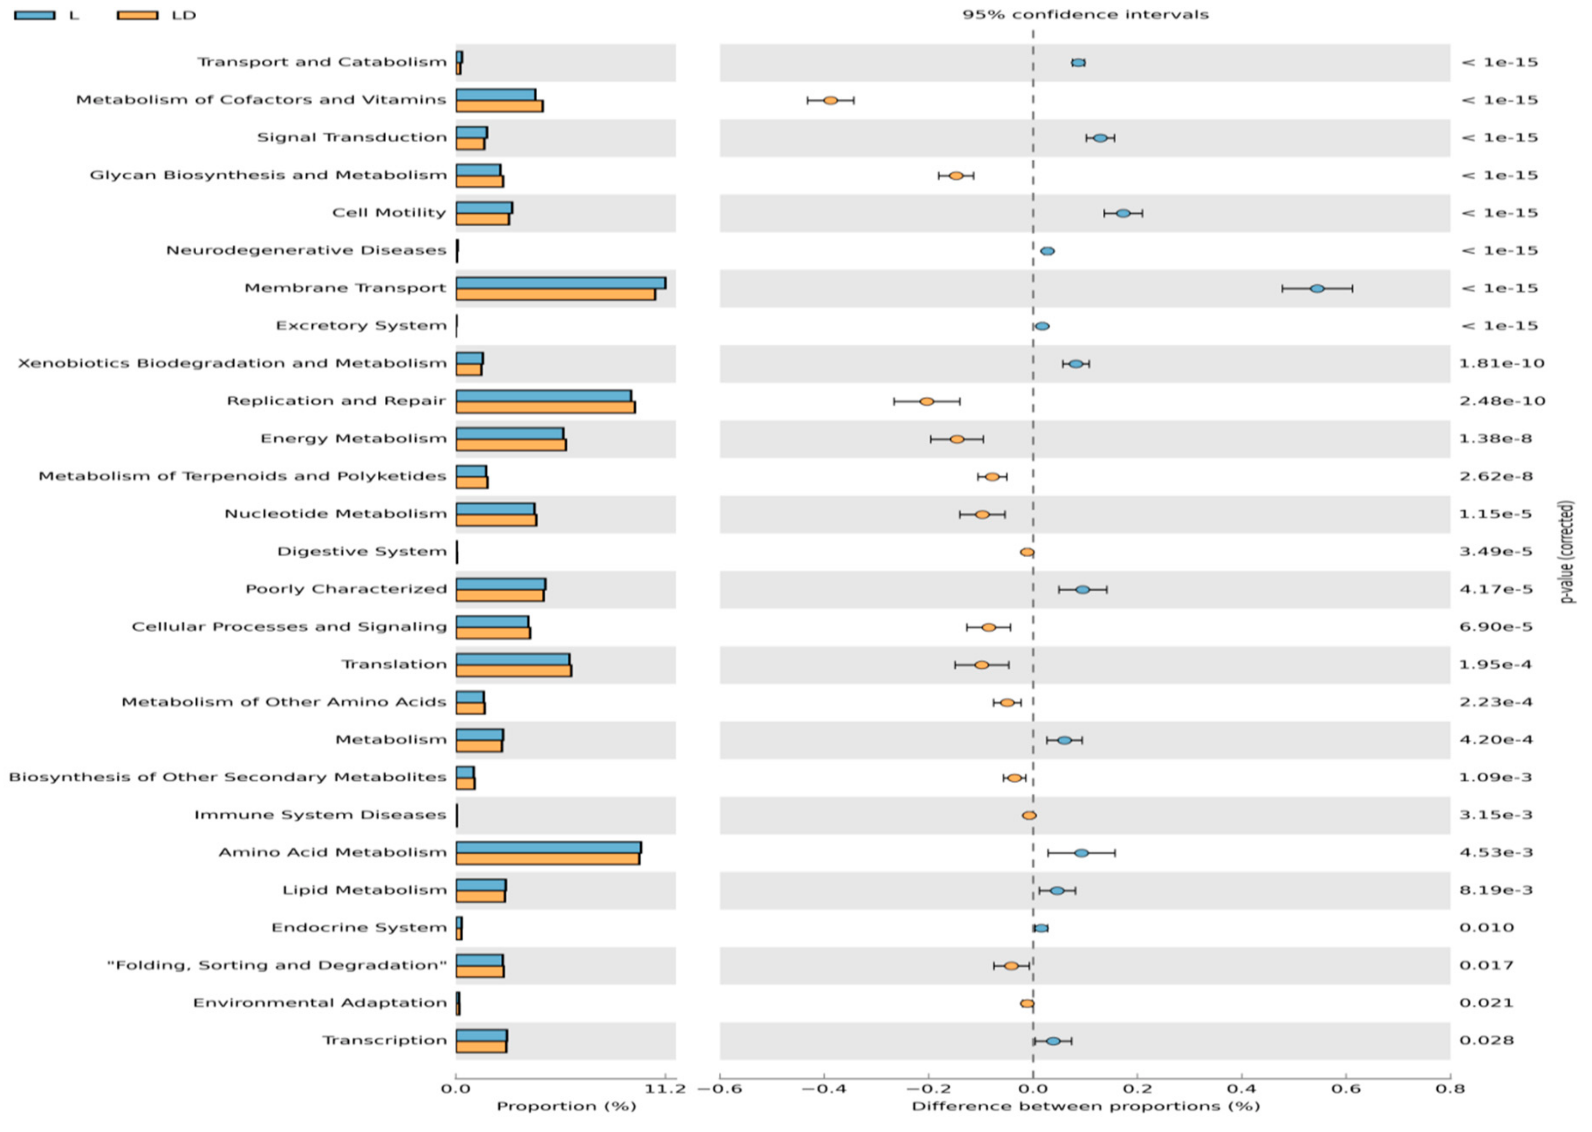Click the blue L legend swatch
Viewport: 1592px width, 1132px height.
tap(34, 15)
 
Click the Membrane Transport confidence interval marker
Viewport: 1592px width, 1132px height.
tap(1317, 288)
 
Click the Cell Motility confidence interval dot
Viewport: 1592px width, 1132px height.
tap(1123, 213)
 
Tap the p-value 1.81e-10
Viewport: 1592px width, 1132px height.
tap(1502, 364)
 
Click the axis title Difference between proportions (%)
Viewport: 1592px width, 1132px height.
tap(1085, 1106)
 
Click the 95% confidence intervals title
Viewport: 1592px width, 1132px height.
tap(1085, 15)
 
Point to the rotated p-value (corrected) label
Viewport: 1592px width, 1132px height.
tap(1568, 550)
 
